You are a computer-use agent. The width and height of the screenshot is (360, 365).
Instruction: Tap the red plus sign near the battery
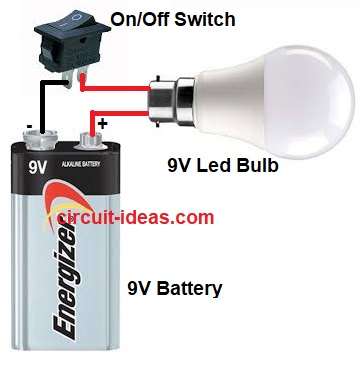point(102,123)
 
